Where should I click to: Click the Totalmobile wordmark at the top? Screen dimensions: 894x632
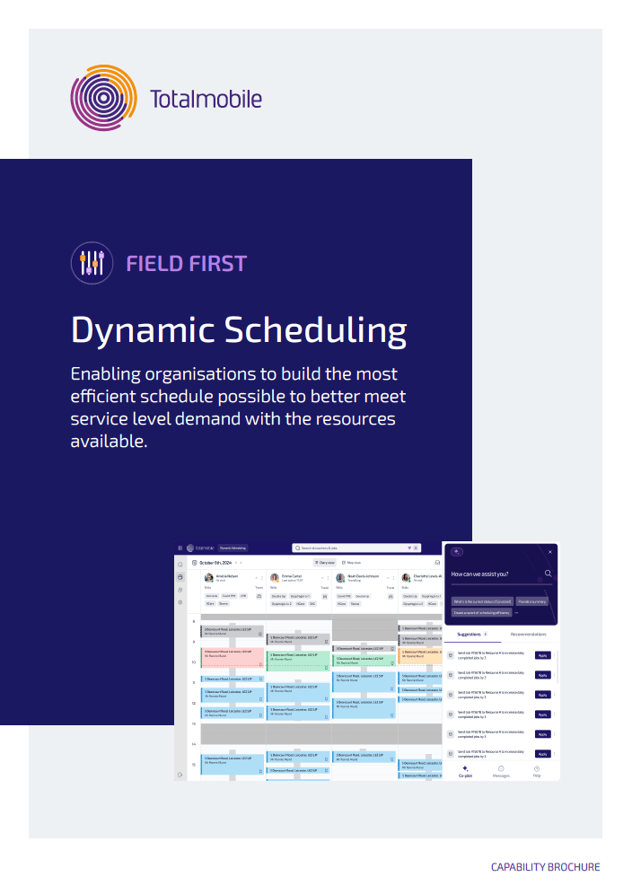coord(206,98)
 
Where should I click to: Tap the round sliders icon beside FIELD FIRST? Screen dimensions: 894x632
coord(92,263)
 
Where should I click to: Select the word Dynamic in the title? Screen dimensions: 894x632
coord(141,330)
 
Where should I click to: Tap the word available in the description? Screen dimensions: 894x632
coord(108,442)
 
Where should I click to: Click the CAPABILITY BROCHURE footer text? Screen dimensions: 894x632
coord(545,867)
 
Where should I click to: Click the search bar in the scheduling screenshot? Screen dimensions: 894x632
coord(355,548)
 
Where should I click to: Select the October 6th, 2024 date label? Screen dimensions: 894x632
coord(215,563)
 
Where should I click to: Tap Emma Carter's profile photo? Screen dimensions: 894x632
coord(275,578)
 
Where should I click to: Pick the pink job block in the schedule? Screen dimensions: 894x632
coord(233,657)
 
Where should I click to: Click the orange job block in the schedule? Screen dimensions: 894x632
coord(420,656)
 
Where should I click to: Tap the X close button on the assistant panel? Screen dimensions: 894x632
coord(550,552)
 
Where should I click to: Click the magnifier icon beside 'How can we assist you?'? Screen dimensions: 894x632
coord(548,574)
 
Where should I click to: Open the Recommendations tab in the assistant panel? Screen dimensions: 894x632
coord(528,634)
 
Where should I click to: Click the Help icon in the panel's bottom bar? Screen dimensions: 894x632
coord(537,770)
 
